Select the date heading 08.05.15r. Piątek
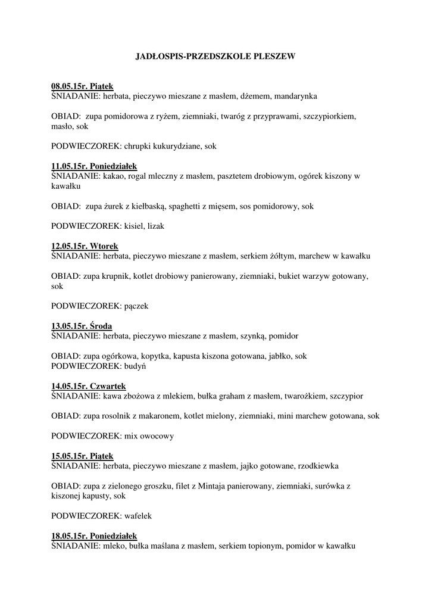coord(82,86)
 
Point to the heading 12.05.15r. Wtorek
coord(85,246)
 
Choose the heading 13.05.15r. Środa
coord(82,326)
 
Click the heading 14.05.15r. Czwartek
coord(88,386)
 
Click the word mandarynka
coord(296,96)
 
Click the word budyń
coord(135,366)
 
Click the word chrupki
coord(139,146)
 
